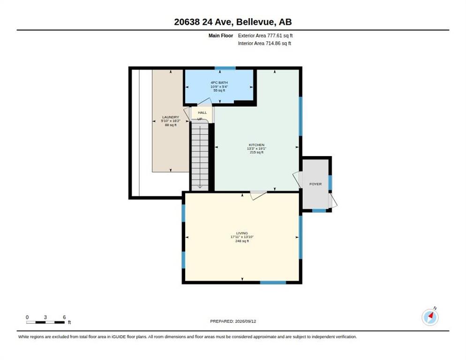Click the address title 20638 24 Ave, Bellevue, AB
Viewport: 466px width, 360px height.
[x=233, y=22]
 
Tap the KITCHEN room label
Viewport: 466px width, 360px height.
[x=256, y=145]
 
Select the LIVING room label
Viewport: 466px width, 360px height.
[x=242, y=233]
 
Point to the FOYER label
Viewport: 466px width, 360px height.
[x=316, y=184]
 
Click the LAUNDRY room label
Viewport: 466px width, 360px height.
[x=171, y=117]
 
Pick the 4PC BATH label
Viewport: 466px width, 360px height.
[x=219, y=82]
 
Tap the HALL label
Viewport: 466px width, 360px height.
[x=203, y=112]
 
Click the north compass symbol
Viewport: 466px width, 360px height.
[x=430, y=317]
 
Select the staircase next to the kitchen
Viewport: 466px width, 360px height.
[x=200, y=156]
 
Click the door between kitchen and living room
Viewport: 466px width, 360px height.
[x=258, y=195]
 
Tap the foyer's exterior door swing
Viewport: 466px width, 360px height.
[x=332, y=200]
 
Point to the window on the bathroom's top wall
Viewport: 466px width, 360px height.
[x=225, y=68]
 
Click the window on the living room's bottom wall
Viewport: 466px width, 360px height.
[x=273, y=282]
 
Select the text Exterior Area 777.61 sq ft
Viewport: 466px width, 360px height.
[x=265, y=36]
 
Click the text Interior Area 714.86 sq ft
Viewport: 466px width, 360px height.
[x=264, y=44]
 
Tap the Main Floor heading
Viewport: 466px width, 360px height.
[x=220, y=36]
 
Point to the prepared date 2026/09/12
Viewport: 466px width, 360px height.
[x=246, y=321]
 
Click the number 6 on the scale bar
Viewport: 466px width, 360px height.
[x=64, y=317]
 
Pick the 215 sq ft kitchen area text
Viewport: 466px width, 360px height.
[x=256, y=152]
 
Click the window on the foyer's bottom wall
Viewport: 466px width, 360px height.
[x=319, y=211]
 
